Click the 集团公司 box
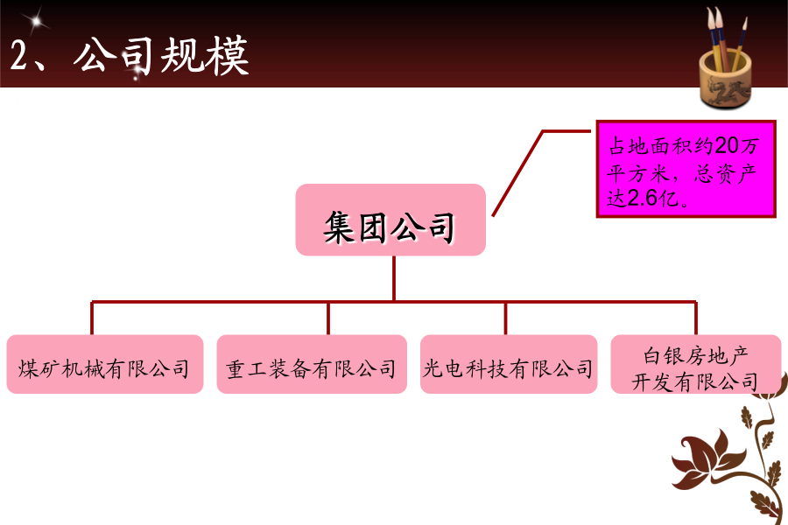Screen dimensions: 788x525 pos(390,220)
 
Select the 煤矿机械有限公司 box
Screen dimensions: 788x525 pos(105,364)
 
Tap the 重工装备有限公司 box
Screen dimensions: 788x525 pos(312,364)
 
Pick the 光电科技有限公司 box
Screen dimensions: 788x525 pos(509,364)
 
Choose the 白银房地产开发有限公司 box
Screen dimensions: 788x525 pos(695,364)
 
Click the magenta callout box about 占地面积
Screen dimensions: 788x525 pos(686,169)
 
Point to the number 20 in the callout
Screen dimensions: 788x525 pos(727,146)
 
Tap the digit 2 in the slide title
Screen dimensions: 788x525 pos(18,55)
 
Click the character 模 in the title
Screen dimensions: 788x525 pos(227,55)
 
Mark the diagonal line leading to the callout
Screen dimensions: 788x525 pos(518,173)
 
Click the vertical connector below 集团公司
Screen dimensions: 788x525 pos(394,278)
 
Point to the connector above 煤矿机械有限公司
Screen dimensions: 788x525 pos(92,318)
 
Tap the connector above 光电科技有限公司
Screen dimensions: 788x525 pos(505,318)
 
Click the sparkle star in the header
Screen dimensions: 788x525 pos(36,21)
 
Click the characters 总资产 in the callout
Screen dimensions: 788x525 pos(725,174)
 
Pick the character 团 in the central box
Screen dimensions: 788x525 pos(372,227)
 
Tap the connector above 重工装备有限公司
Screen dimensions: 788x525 pos(328,318)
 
